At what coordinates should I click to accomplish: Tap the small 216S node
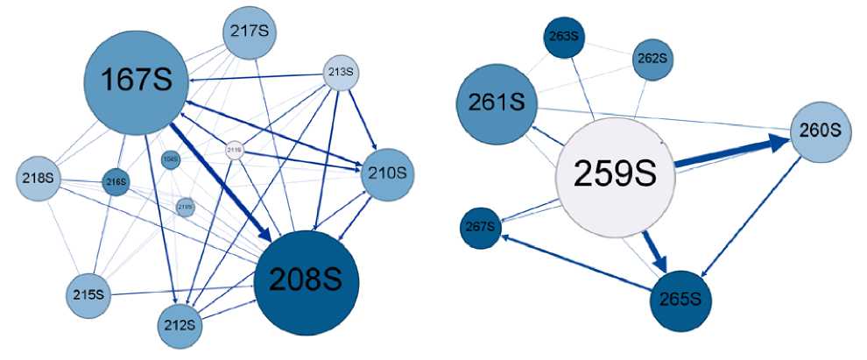(116, 182)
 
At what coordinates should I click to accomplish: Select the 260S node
(821, 131)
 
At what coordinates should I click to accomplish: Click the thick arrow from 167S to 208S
(219, 179)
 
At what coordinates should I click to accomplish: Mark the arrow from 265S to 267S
(578, 262)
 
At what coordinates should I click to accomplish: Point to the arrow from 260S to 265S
(754, 220)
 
